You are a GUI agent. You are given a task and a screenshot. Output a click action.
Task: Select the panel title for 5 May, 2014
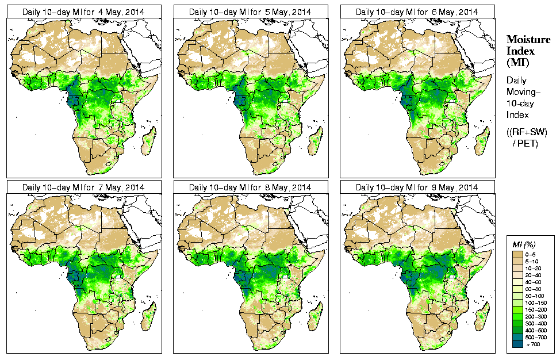[x=251, y=12]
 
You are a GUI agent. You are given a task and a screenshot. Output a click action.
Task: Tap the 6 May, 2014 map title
[x=417, y=12]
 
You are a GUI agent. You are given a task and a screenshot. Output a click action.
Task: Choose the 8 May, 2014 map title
[x=251, y=187]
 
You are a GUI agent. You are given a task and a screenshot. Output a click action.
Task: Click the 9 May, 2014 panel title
[x=417, y=187]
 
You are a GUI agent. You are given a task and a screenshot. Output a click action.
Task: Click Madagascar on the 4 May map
[x=149, y=139]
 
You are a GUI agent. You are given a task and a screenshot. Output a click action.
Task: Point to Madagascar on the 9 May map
[x=483, y=315]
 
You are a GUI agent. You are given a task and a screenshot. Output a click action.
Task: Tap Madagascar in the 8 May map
[x=316, y=315]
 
